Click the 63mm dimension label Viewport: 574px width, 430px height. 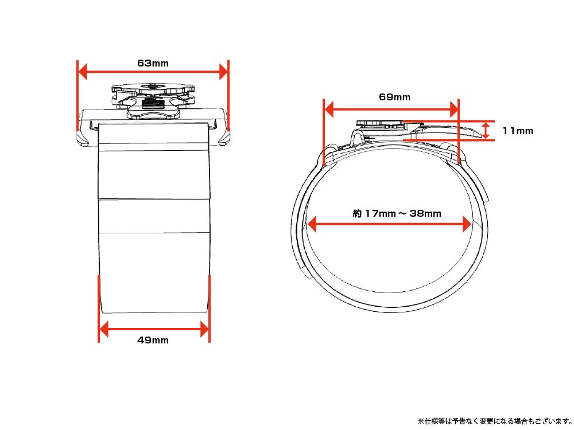pos(153,63)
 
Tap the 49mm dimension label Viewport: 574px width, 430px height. pos(153,340)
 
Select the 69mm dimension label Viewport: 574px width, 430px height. pos(394,97)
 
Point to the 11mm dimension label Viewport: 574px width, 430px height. pos(517,131)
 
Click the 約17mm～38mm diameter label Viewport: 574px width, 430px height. pos(397,213)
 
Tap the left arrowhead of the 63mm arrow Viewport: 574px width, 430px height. pos(83,72)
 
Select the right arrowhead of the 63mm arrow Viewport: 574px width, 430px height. pos(223,72)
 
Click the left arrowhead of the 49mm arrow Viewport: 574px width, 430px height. pos(104,329)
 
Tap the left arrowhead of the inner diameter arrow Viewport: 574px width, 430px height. pos(312,224)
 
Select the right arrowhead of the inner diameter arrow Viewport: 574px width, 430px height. pos(467,224)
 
